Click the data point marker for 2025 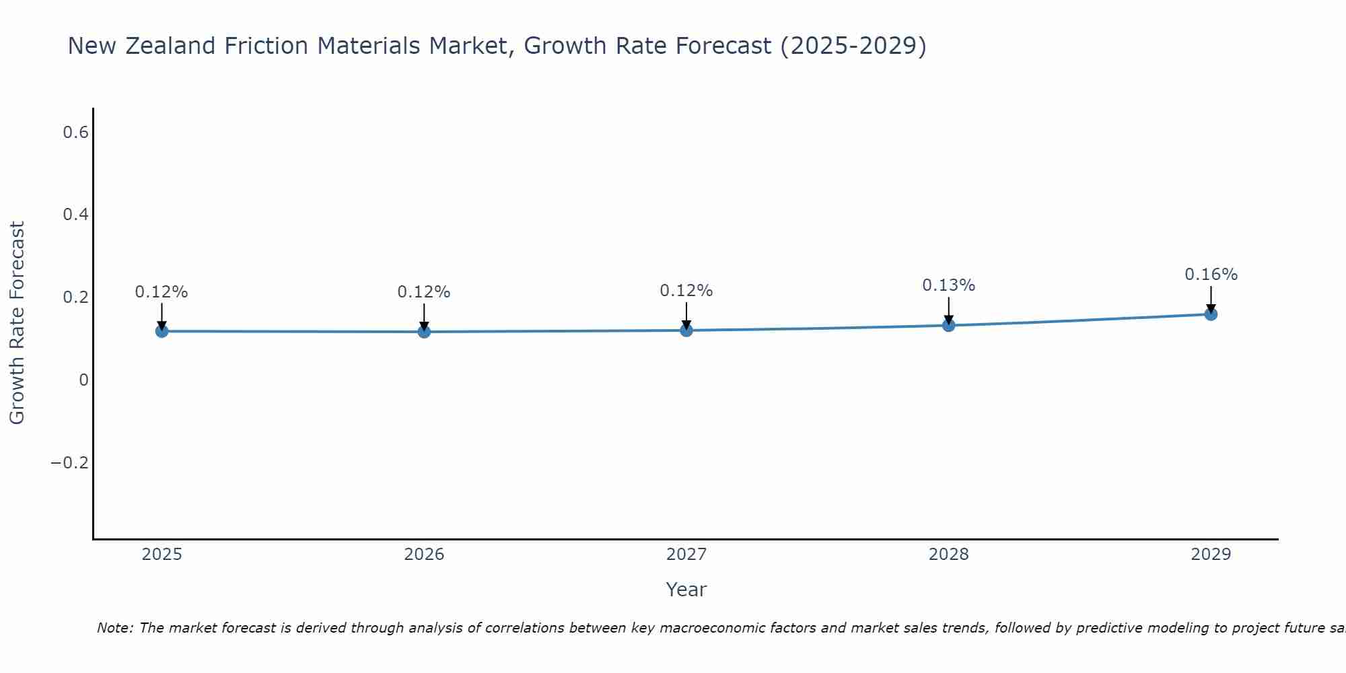[x=162, y=331]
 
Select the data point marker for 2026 [x=424, y=332]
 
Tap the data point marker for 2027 [x=686, y=330]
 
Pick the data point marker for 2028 [x=948, y=326]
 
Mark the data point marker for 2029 [x=1211, y=314]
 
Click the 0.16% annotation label [x=1211, y=275]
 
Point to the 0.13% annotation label [x=948, y=285]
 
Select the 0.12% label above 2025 [x=162, y=292]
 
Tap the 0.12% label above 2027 [x=686, y=291]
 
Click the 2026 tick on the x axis [x=424, y=555]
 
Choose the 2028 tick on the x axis [x=948, y=555]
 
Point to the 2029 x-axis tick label [x=1211, y=555]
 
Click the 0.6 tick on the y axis [x=75, y=133]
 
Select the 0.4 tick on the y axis [x=75, y=215]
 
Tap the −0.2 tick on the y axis [x=70, y=463]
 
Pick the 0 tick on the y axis [x=83, y=380]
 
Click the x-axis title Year [x=686, y=590]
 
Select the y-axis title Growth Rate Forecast [x=17, y=323]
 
